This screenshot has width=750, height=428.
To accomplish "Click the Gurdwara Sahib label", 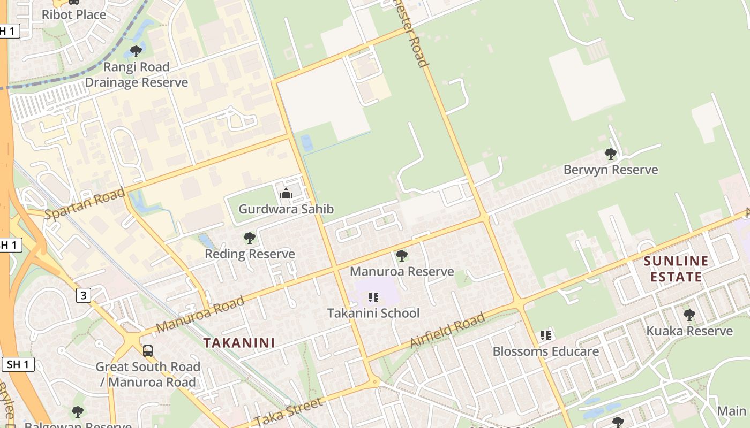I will click(286, 209).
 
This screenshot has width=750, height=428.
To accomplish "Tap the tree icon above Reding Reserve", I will click(249, 238).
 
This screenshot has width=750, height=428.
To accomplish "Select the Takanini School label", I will click(373, 313).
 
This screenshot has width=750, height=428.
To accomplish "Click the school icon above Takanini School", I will click(373, 297).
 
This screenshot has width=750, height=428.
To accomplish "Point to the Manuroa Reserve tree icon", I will click(401, 256).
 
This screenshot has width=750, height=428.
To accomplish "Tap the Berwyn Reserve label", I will click(611, 170).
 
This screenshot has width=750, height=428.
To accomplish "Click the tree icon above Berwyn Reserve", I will click(610, 155).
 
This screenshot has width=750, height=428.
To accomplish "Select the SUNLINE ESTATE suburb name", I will click(676, 269).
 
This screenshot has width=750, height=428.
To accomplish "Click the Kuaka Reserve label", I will click(689, 331).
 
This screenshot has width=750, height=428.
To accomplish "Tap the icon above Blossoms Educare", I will click(545, 335).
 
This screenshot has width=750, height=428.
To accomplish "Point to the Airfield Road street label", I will click(448, 330).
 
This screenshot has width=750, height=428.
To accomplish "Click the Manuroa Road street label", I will click(200, 314).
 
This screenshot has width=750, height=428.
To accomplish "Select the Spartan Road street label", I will click(85, 203).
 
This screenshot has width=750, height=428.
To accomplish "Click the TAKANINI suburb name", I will click(239, 343).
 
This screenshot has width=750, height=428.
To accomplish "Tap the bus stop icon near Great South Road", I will click(147, 351).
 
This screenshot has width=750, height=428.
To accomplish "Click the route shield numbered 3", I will click(83, 295).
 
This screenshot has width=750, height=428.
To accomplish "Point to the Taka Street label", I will click(289, 412).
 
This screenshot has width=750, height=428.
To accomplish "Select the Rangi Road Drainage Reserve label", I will click(136, 75).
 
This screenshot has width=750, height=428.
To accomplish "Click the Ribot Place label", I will click(74, 14).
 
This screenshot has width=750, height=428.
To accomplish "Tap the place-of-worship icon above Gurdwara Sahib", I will click(286, 193).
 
